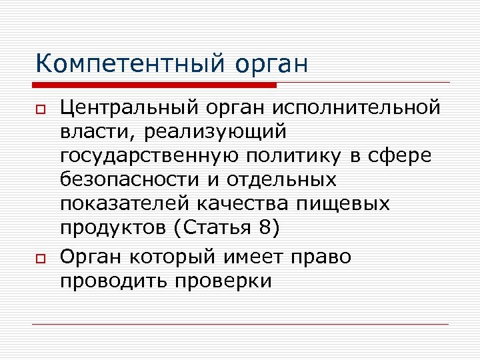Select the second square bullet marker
tap(41, 259)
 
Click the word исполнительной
tap(357, 107)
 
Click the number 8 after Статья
tap(265, 228)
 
